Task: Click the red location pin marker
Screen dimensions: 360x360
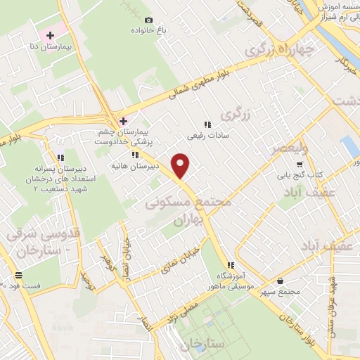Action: [x=181, y=165]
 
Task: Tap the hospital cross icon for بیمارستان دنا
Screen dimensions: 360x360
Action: [x=50, y=35]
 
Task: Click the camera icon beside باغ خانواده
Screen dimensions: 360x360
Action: [x=148, y=20]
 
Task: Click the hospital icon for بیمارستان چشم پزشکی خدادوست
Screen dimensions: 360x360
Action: [x=123, y=121]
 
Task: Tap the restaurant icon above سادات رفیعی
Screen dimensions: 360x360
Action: [x=207, y=124]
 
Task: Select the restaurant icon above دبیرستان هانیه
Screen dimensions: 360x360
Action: [x=134, y=154]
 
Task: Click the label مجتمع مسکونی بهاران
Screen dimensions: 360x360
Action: [x=188, y=209]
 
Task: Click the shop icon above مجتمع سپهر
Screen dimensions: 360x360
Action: [x=280, y=281]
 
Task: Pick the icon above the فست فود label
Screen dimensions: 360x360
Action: [x=18, y=274]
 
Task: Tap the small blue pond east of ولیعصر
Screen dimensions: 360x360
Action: [x=348, y=147]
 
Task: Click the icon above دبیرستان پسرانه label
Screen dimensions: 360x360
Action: [x=60, y=157]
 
